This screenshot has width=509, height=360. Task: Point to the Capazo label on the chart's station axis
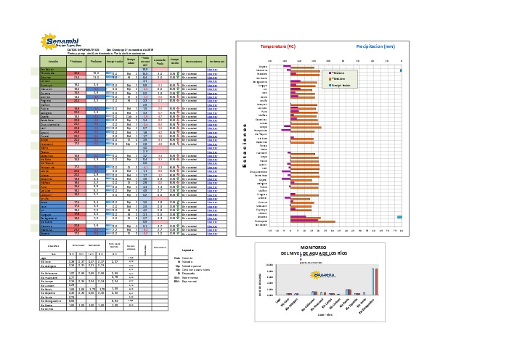(262, 66)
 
